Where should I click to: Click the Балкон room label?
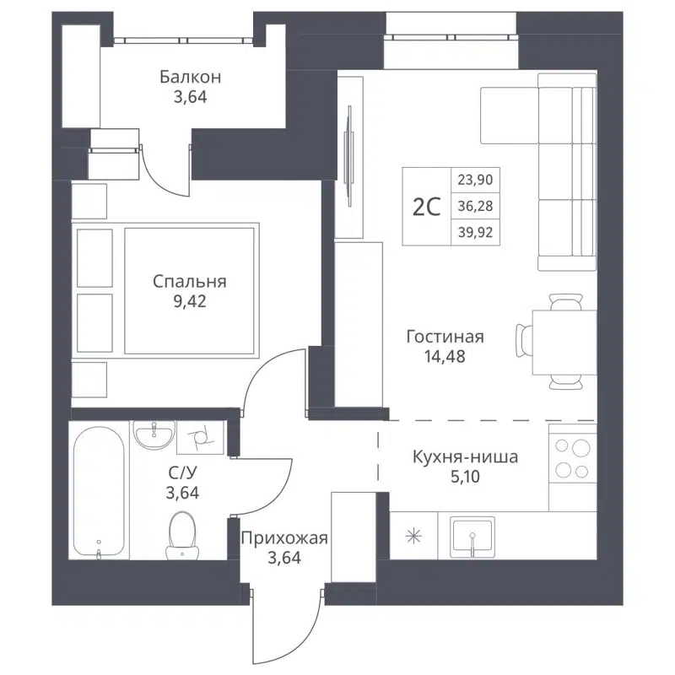(x=191, y=78)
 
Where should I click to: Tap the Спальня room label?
(x=190, y=282)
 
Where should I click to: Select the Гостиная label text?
(x=445, y=337)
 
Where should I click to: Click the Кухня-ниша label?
(x=465, y=457)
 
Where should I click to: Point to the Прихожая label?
(x=283, y=537)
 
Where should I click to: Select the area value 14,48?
(x=445, y=356)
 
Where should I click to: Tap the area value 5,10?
(x=465, y=477)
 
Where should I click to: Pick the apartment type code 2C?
(x=427, y=207)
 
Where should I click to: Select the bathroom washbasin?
(x=154, y=436)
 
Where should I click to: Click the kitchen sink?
(x=472, y=535)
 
